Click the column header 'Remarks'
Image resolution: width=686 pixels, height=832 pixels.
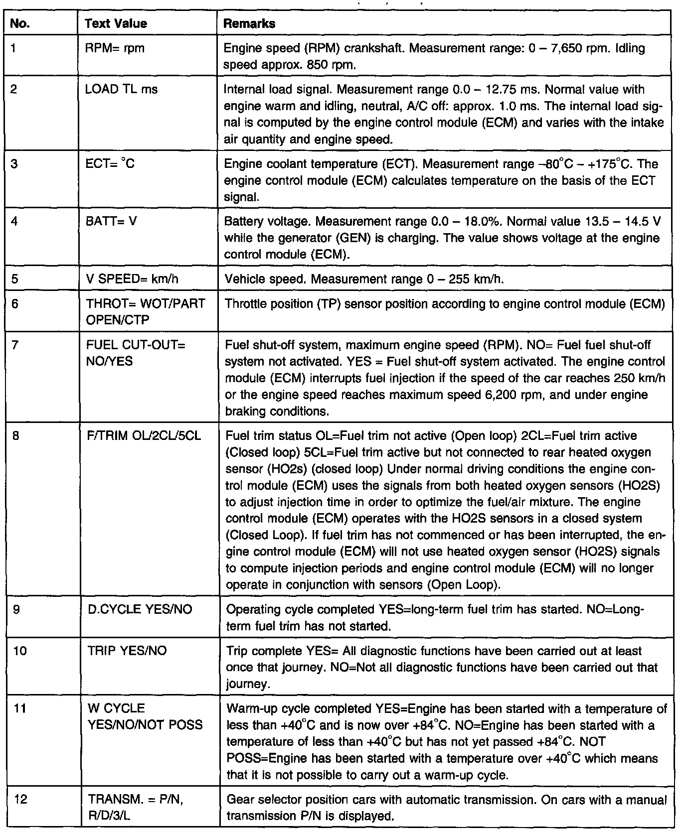point(249,23)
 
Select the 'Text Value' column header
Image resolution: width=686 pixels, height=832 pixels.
point(116,23)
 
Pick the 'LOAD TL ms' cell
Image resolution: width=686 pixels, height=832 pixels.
point(121,89)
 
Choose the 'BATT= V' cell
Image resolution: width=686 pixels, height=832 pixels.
point(111,221)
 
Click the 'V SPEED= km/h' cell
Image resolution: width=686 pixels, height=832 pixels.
point(132,279)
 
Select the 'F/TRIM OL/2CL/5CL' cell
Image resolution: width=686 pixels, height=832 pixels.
point(144,435)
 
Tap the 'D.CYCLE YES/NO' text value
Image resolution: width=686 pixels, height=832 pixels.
point(140,609)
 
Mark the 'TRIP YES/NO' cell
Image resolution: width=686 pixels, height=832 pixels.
point(127,651)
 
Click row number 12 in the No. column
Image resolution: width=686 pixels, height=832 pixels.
point(20,799)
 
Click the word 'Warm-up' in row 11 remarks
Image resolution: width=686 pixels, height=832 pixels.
point(249,708)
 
